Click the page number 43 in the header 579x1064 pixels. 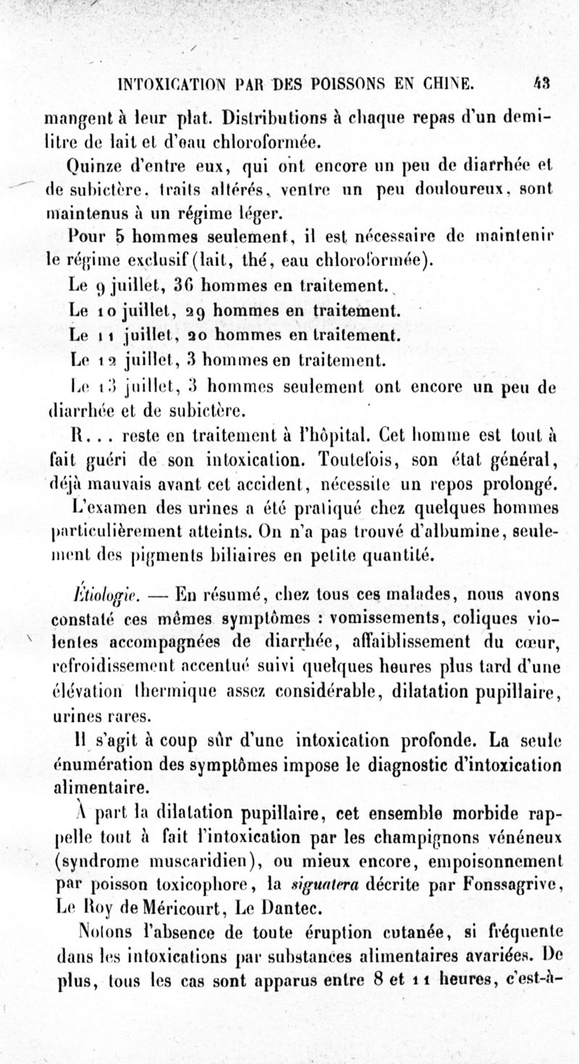(543, 83)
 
